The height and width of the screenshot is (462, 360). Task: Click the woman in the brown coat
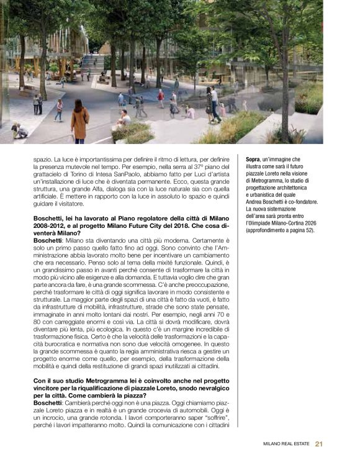pos(80,120)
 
